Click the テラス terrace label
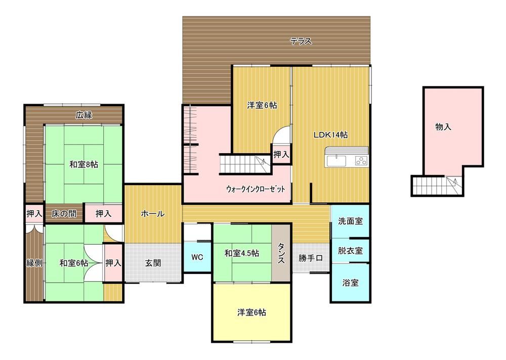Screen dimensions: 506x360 tap(301, 41)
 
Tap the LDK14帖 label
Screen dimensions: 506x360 tap(331, 135)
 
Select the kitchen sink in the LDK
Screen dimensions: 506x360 tap(336, 161)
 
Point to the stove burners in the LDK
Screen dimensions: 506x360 tap(361, 160)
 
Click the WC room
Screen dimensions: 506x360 tap(197, 257)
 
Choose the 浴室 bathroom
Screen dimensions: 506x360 tap(350, 283)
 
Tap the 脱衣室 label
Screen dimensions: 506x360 tap(350, 251)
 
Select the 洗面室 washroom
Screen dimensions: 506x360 tap(350, 221)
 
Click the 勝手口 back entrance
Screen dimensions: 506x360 tap(311, 258)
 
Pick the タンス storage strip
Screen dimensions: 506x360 tap(281, 253)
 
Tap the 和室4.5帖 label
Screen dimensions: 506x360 tap(242, 253)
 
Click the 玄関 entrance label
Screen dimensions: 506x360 tap(153, 263)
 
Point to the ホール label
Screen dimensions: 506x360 tap(153, 213)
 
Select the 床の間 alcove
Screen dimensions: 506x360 tap(64, 213)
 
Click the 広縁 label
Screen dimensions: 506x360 tap(84, 115)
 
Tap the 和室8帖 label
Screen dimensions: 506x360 tap(84, 164)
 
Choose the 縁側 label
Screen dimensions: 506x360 tap(34, 263)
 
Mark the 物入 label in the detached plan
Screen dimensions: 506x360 tap(443, 127)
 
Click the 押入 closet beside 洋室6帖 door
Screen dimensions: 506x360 tap(281, 155)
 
